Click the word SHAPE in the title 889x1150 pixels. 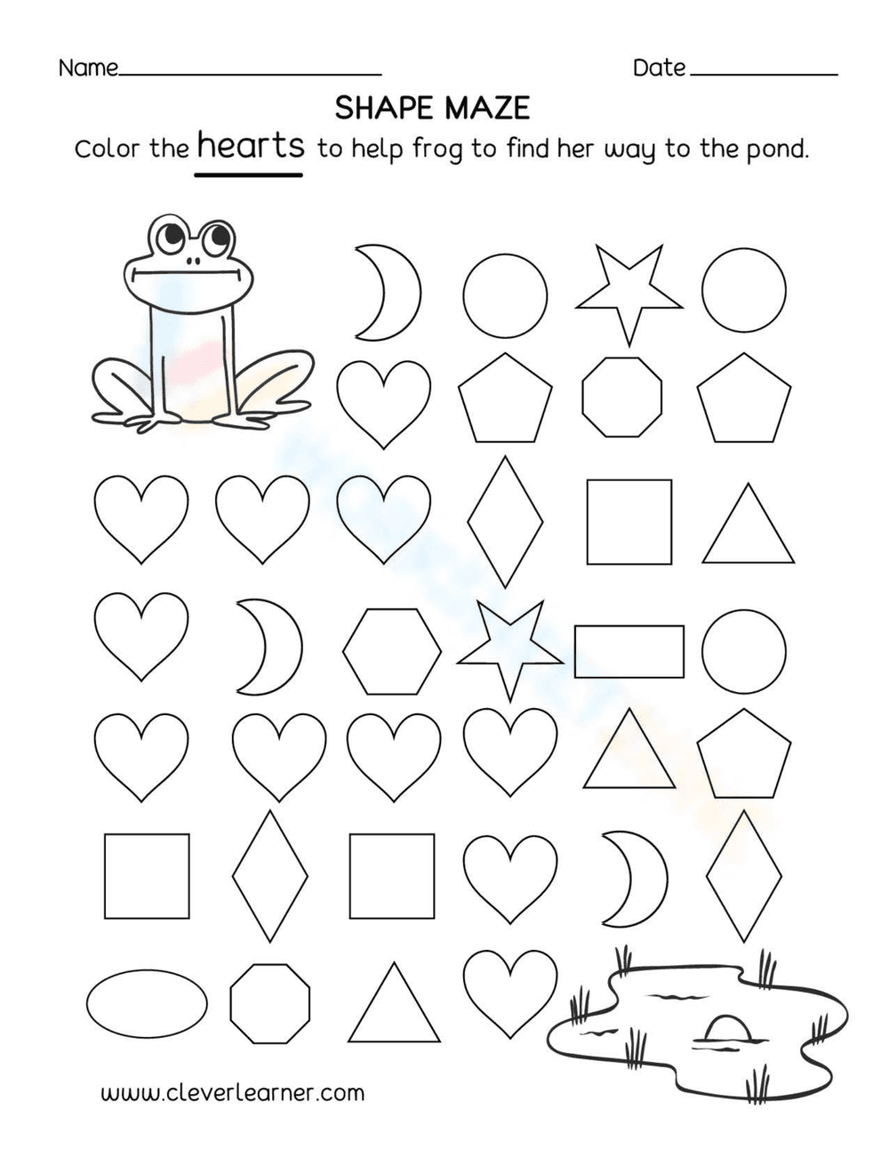click(384, 109)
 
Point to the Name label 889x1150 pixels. click(88, 68)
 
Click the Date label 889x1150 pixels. click(659, 68)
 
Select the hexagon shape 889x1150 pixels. click(392, 651)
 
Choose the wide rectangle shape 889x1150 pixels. click(629, 651)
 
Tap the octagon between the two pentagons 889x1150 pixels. click(622, 397)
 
